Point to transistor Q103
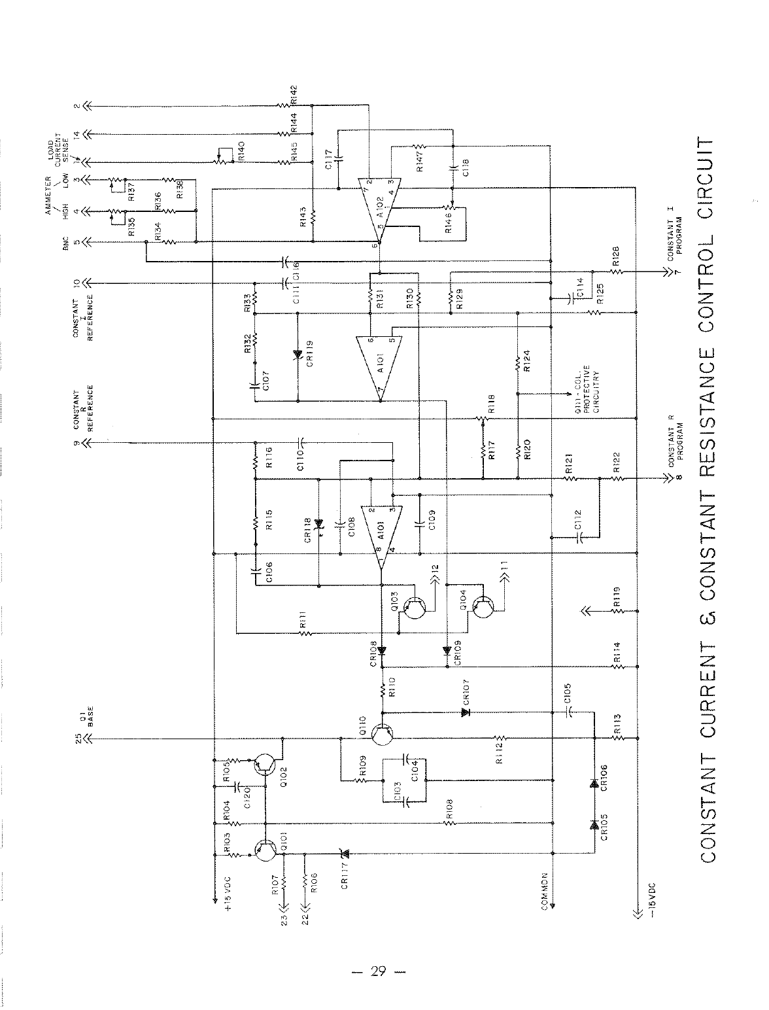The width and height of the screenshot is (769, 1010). (x=414, y=607)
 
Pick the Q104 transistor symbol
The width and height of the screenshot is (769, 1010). (x=483, y=607)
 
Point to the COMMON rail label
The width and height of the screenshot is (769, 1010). (x=544, y=887)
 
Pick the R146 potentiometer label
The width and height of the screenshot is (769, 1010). (x=448, y=227)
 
